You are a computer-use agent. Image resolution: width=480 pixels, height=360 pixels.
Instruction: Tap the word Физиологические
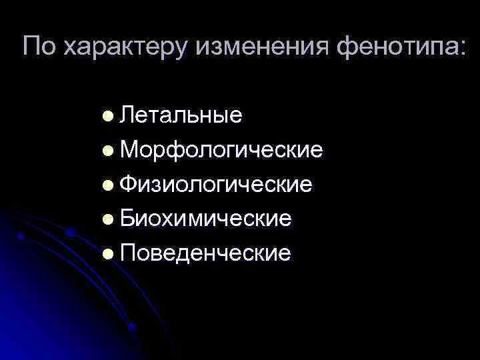[x=216, y=185]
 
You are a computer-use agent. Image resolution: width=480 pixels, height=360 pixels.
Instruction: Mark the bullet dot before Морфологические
[x=108, y=151]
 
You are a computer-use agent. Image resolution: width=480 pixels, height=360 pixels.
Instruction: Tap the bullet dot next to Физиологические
[x=108, y=185]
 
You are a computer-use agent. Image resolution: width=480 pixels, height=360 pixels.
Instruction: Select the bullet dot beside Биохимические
[x=108, y=220]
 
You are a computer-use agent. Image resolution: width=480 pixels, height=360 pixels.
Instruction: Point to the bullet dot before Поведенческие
[x=108, y=254]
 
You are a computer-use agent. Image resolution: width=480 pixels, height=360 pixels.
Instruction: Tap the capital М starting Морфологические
[x=129, y=150]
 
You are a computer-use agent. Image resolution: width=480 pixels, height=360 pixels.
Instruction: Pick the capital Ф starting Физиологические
[x=129, y=184]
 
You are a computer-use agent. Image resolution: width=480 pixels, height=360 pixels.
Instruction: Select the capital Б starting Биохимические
[x=127, y=219]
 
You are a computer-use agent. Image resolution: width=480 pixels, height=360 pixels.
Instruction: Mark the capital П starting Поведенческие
[x=127, y=253]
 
